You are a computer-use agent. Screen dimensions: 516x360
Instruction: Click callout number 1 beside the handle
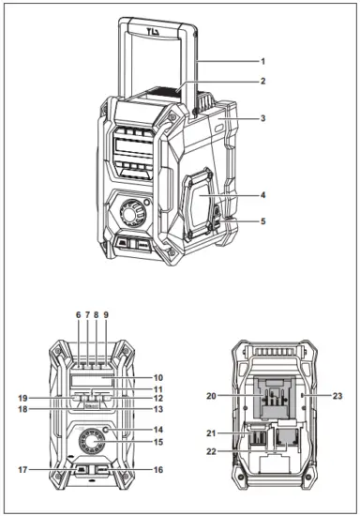coord(263,61)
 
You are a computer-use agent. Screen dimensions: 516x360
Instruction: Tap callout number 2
coord(263,82)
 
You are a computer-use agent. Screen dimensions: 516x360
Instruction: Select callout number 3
coord(263,118)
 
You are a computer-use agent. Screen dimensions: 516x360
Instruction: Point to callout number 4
coord(263,195)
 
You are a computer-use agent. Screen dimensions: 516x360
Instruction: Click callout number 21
coord(213,433)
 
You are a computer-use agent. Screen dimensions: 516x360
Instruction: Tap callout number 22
coord(213,452)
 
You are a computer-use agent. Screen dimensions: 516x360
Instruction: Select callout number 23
coord(337,397)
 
